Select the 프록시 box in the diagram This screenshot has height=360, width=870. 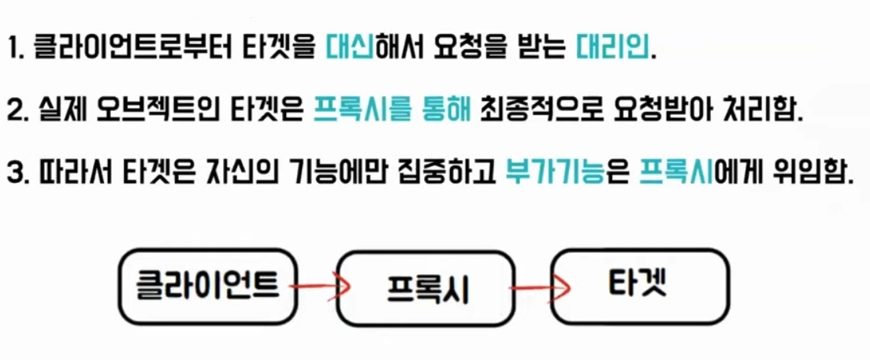coord(428,288)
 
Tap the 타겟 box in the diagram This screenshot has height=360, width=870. coord(638,284)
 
